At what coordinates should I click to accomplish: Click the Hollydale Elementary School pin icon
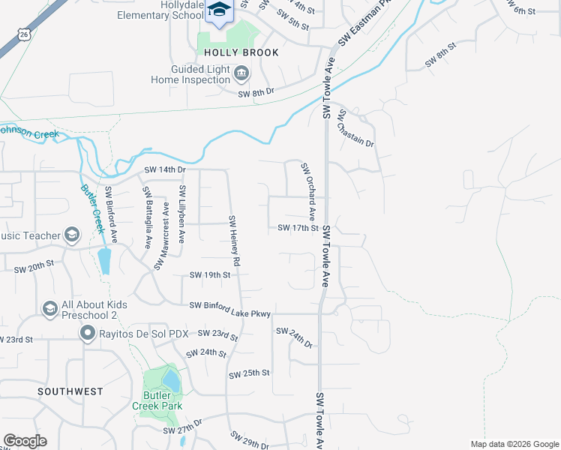(x=220, y=10)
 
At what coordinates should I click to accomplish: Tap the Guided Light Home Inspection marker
(x=241, y=73)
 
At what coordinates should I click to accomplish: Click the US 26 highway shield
(x=25, y=34)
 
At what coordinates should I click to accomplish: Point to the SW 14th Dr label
(x=165, y=170)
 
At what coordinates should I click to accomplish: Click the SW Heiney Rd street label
(x=234, y=241)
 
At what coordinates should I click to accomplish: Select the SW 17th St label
(x=298, y=228)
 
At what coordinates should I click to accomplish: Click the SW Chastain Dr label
(x=355, y=128)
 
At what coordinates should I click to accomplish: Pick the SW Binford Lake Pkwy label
(x=229, y=305)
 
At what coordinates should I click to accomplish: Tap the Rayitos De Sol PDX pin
(x=87, y=334)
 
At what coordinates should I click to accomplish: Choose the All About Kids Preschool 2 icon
(x=49, y=309)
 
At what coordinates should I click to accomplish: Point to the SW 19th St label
(x=209, y=275)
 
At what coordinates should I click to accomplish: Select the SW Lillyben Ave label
(x=181, y=214)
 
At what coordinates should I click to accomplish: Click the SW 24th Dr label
(x=294, y=336)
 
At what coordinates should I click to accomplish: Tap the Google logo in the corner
(x=25, y=441)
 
